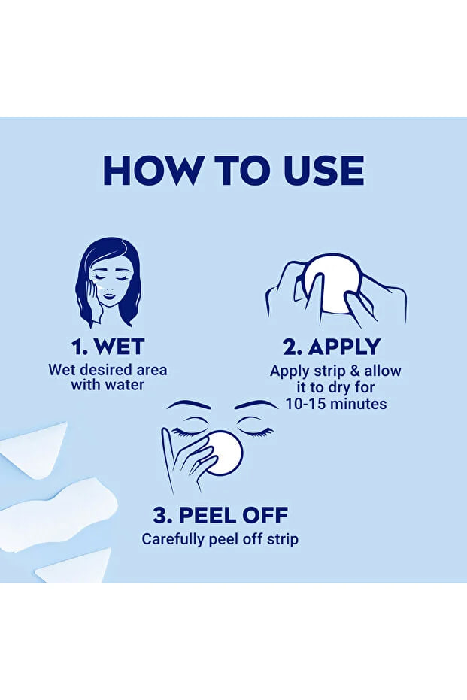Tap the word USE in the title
(x=324, y=171)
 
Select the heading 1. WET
(x=108, y=347)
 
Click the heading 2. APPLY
(x=332, y=347)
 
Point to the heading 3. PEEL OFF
(x=220, y=515)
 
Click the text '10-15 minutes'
(x=336, y=404)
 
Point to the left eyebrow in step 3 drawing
(x=189, y=405)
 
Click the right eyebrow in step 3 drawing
(x=256, y=405)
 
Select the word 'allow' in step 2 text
(x=383, y=371)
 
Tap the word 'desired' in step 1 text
(x=105, y=370)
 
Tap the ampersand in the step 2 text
(x=355, y=371)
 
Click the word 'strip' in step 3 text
(x=283, y=539)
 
